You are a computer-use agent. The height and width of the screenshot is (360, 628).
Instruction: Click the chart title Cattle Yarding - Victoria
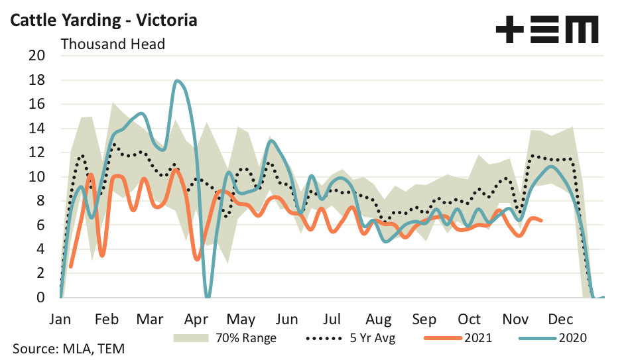(102, 20)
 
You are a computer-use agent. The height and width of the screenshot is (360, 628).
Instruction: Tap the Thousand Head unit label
(113, 44)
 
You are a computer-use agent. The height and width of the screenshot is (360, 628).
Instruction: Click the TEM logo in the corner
(547, 30)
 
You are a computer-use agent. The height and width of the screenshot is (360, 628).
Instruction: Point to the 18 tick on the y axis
(36, 80)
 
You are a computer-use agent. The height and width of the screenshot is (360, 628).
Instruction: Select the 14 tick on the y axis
(36, 129)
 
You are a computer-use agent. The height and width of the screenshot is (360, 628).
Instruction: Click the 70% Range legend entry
(225, 337)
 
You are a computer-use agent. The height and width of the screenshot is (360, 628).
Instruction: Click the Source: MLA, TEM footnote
(67, 349)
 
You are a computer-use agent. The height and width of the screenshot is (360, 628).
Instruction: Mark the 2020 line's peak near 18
(178, 81)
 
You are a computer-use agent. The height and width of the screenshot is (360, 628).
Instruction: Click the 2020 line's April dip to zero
(208, 296)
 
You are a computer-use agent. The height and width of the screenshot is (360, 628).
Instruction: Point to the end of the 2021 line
(542, 220)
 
